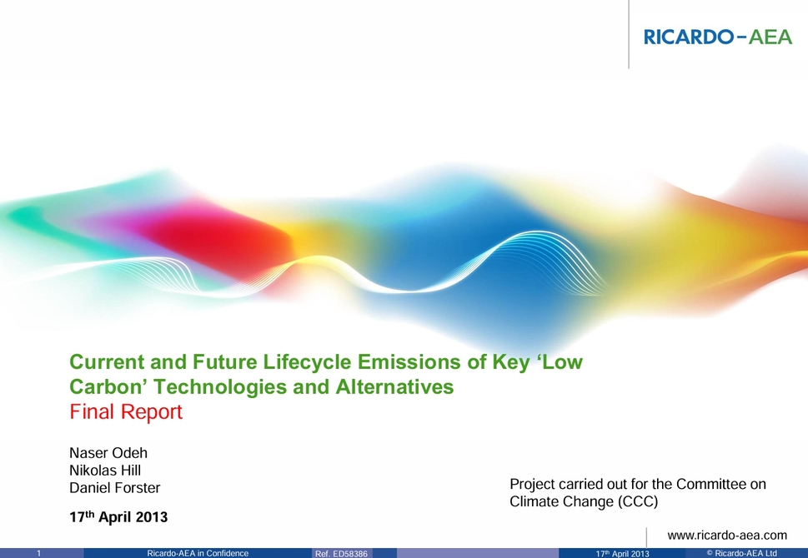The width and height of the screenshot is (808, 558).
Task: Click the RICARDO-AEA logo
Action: tap(718, 37)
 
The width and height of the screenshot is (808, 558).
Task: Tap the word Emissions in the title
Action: tap(409, 362)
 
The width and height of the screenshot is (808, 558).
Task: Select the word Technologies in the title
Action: tap(220, 387)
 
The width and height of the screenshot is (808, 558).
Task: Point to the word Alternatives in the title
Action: tap(394, 386)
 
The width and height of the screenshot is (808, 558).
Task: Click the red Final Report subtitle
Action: tap(126, 411)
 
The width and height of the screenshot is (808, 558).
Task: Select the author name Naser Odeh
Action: tap(108, 453)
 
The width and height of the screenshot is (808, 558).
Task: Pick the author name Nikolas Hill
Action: tap(105, 471)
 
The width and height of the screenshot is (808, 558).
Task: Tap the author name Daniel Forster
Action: tap(115, 488)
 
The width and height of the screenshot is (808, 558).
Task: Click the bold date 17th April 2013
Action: tap(118, 517)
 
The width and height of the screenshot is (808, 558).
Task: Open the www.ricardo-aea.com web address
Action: tap(727, 536)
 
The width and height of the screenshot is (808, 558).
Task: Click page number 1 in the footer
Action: tap(38, 553)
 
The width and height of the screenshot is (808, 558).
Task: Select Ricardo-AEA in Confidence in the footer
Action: tap(198, 553)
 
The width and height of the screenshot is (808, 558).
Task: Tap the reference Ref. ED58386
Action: tap(341, 554)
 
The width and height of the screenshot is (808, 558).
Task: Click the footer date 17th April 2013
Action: tap(623, 554)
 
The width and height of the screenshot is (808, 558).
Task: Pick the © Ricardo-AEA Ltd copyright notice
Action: tap(741, 553)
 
